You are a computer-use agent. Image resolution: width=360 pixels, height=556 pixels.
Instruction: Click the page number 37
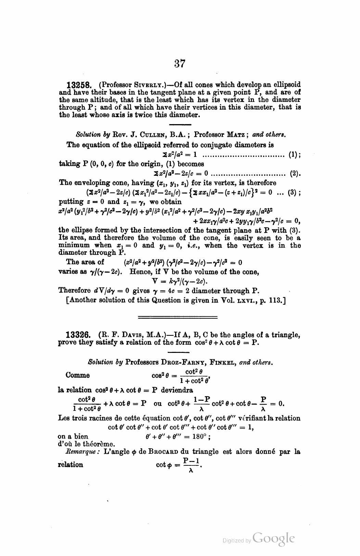click(180, 63)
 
